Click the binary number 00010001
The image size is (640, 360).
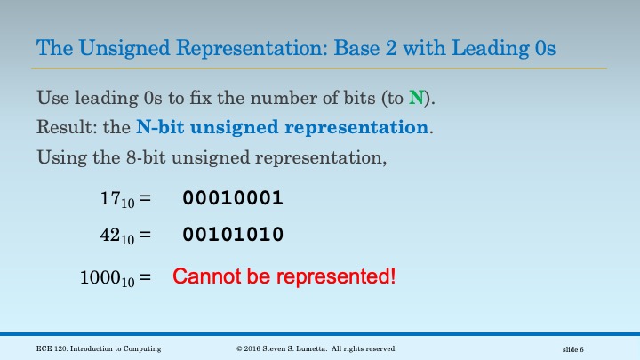(x=233, y=198)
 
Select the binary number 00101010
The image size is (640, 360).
(x=233, y=235)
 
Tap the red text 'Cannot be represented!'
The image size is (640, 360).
(x=284, y=276)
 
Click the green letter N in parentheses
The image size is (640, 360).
(x=416, y=98)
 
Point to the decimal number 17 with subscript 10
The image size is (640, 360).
(x=117, y=199)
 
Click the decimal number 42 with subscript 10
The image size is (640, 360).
(x=117, y=236)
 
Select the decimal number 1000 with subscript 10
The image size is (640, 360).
(x=108, y=277)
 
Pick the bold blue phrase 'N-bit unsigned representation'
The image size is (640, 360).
(x=283, y=126)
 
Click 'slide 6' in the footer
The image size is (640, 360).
(x=579, y=348)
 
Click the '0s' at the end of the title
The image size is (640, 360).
(x=545, y=47)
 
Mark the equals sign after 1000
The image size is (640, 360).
(x=144, y=276)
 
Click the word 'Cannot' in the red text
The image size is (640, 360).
(x=204, y=276)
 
